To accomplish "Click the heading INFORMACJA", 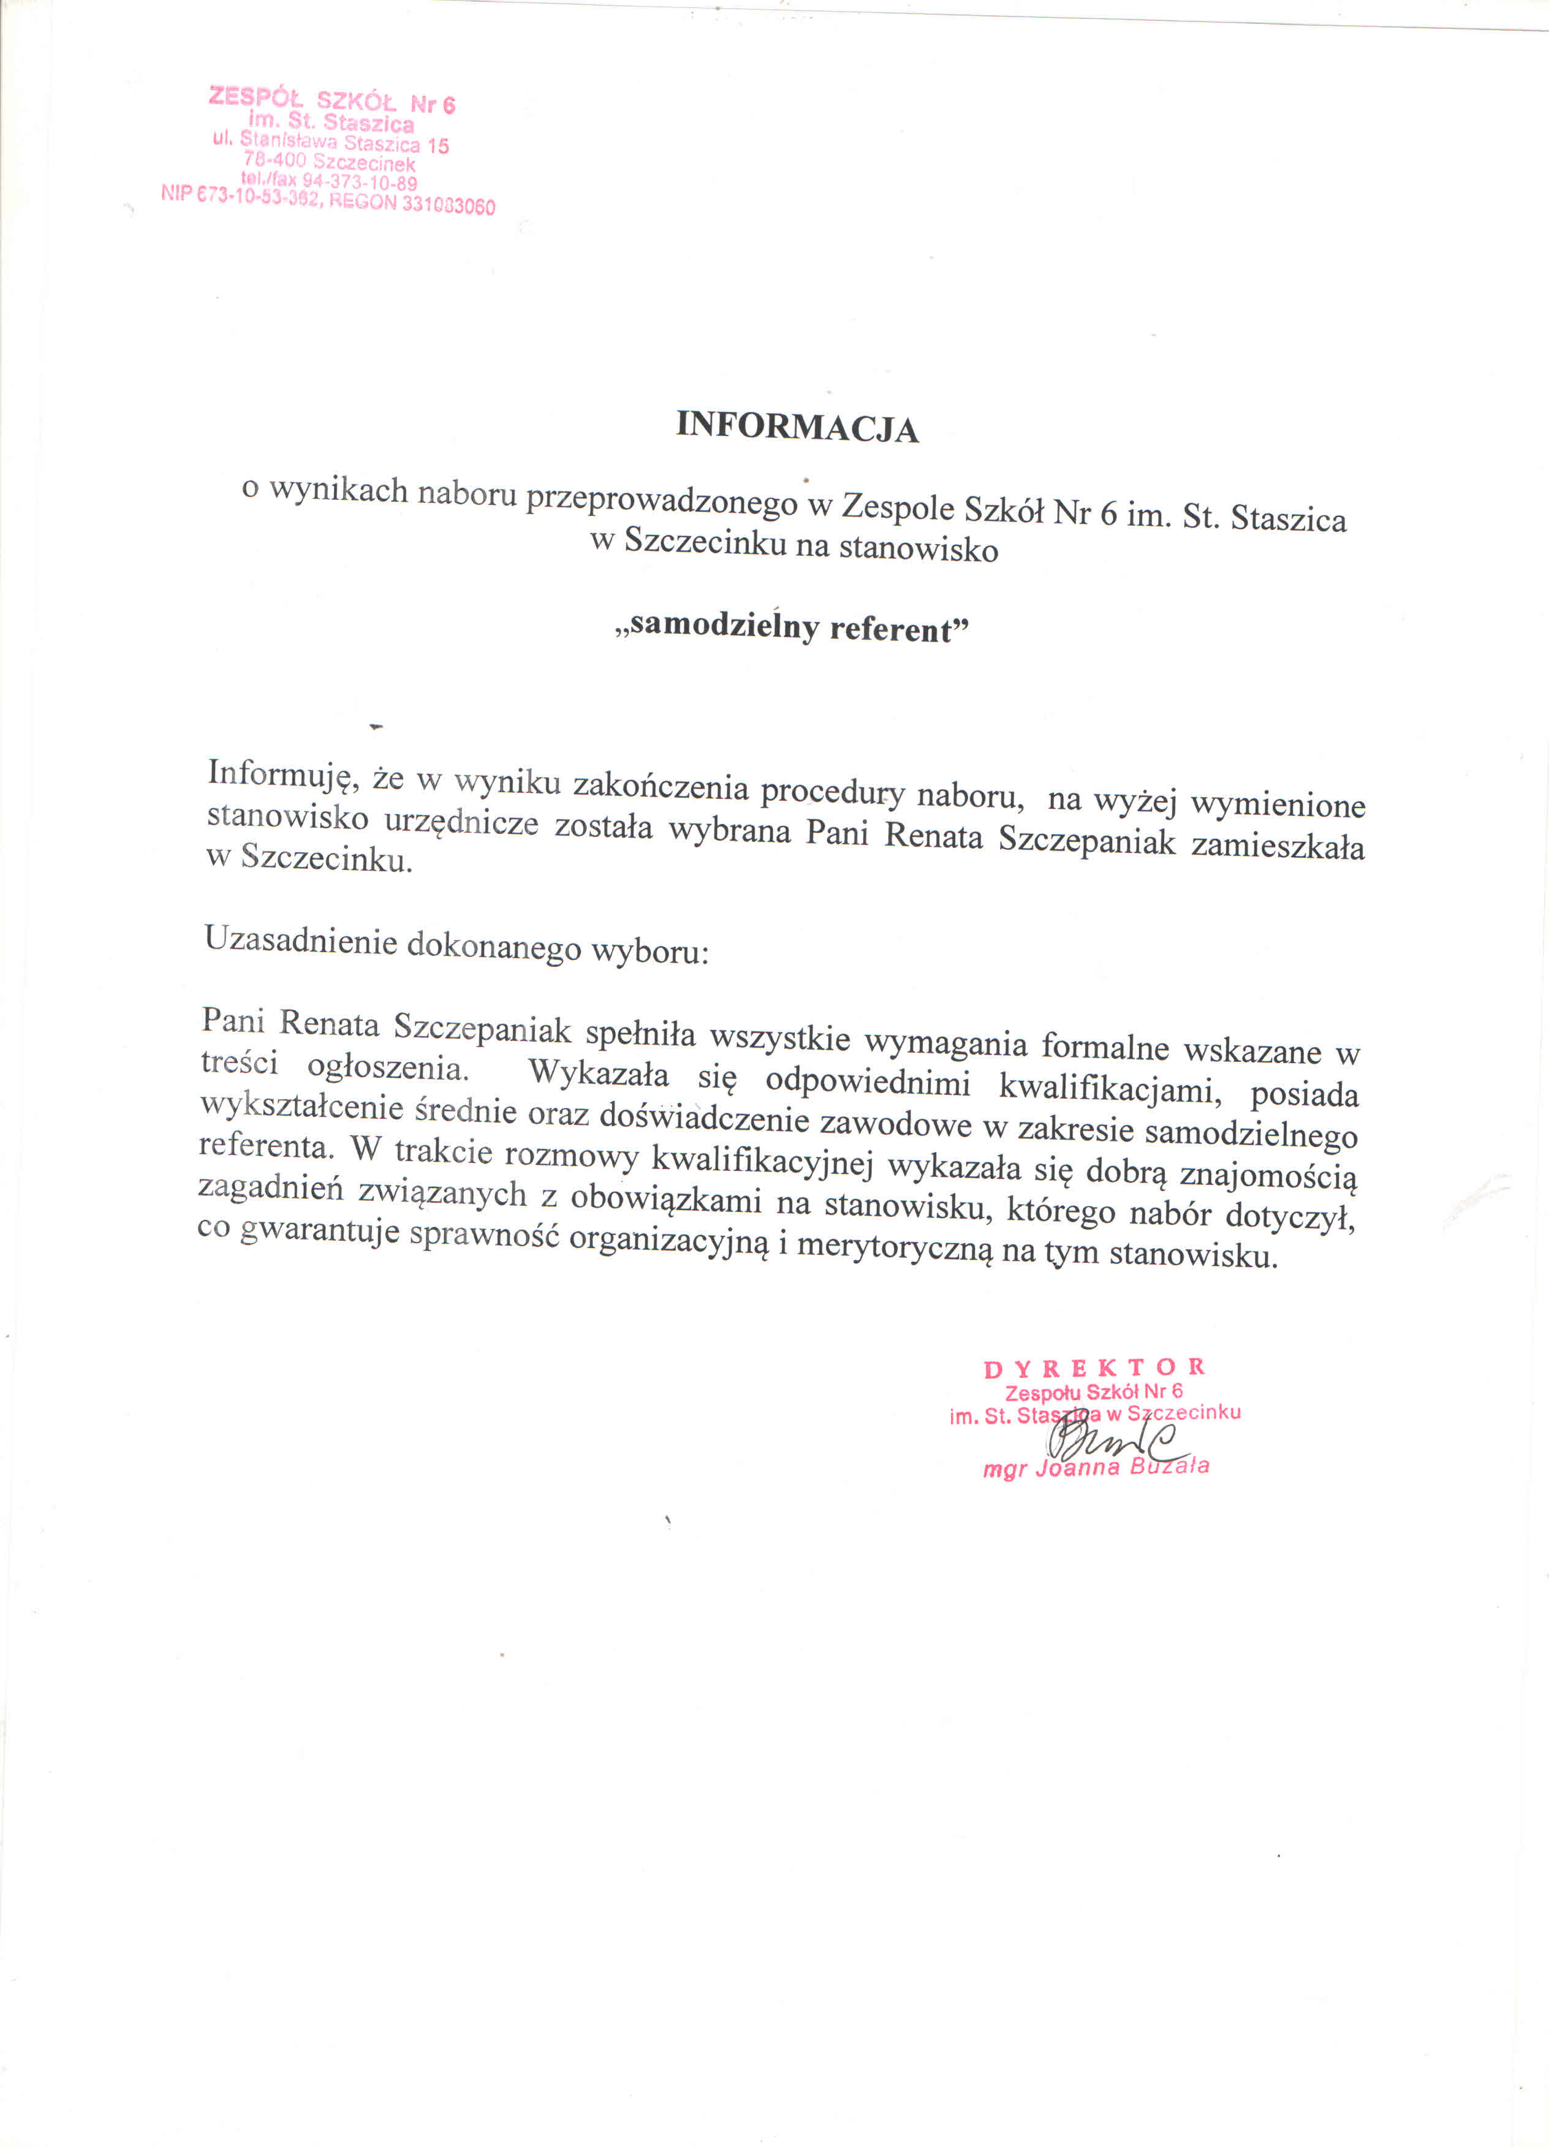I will tap(797, 427).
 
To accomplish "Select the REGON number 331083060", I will tap(448, 205).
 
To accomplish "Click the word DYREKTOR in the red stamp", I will tap(1094, 1368).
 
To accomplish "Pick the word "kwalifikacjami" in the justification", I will tap(1110, 1088).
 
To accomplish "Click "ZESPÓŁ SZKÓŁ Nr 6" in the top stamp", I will tap(331, 100).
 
